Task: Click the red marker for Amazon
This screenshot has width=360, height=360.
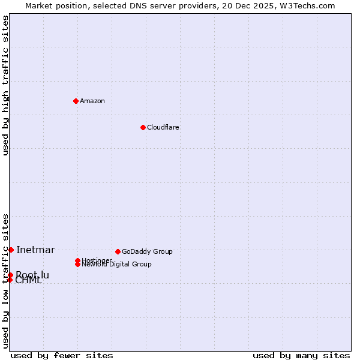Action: pos(76,101)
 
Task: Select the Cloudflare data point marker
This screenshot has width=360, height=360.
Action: pos(143,127)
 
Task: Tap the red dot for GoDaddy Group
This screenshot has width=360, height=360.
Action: pos(118,251)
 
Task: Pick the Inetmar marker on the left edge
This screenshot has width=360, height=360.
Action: pos(11,250)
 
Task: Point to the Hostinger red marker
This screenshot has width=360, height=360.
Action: pos(78,260)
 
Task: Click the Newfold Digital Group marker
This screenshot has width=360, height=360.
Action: pos(78,264)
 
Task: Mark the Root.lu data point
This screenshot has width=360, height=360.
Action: pos(10,275)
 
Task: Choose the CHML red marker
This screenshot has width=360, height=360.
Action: pos(10,280)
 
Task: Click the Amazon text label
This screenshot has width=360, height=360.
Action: pos(92,101)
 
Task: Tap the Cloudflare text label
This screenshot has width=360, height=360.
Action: pos(163,127)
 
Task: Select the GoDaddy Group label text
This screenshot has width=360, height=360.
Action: pos(147,251)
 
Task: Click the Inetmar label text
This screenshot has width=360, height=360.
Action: pos(35,250)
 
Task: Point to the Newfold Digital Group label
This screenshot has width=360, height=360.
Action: pos(116,265)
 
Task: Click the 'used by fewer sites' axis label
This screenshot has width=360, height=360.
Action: pos(62,355)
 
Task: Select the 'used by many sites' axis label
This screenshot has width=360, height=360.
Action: pos(301,355)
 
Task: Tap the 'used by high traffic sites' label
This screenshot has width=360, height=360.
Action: pos(6,85)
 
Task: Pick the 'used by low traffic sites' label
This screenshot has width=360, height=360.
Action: pos(6,281)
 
